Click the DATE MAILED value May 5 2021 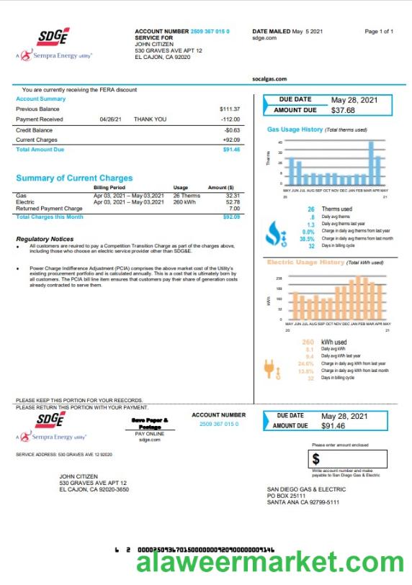point(308,32)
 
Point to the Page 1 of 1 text point(379,32)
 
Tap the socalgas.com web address point(269,79)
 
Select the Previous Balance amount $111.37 point(230,109)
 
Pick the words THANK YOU point(150,119)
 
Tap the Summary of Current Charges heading point(74,178)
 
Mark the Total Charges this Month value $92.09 point(231,217)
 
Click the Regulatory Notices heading point(45,239)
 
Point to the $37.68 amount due point(343,111)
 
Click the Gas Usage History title point(295,130)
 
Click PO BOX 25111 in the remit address point(286,496)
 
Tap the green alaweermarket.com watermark point(269,562)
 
